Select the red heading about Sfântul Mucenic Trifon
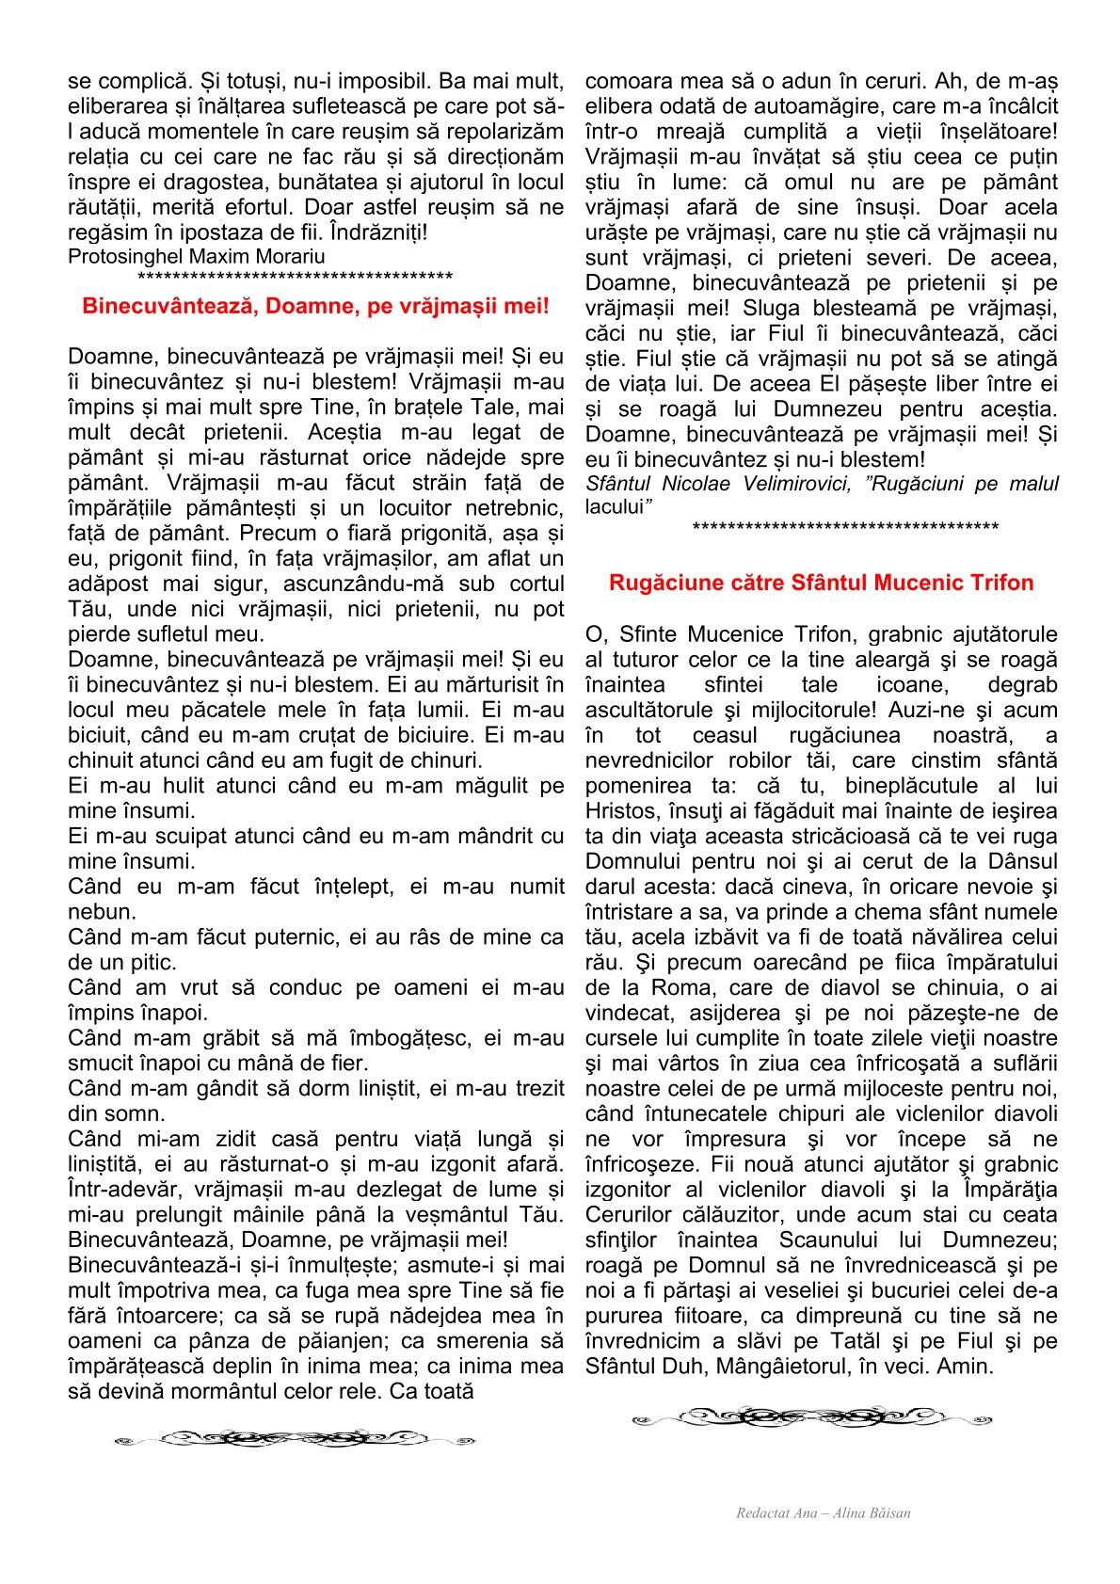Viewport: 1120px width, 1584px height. point(821,583)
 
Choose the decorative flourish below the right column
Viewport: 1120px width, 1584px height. point(811,1416)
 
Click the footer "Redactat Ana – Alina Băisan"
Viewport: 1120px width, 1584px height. point(824,1513)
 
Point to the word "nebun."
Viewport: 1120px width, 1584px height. point(102,912)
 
